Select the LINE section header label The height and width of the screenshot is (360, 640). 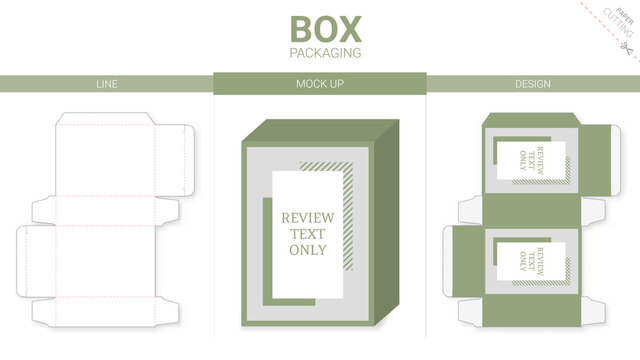pos(106,84)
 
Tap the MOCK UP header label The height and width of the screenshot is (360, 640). pos(320,84)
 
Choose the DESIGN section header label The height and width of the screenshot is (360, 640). pos(533,84)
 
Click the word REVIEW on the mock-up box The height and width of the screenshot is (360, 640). pos(307,218)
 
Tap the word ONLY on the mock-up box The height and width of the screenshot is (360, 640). pos(307,250)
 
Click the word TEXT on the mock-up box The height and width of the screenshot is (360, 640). pos(307,234)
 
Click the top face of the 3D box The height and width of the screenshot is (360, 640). pos(320,127)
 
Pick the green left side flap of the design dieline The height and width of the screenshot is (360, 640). pos(462,257)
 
